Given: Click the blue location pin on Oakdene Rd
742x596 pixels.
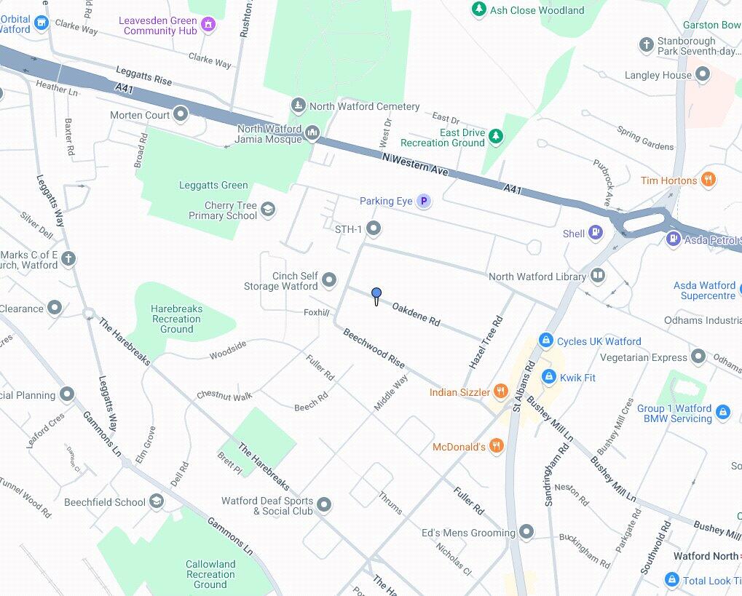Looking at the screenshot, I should (376, 295).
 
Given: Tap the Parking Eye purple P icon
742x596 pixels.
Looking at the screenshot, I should (424, 202).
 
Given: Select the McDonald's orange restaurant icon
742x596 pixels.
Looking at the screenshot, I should (496, 446).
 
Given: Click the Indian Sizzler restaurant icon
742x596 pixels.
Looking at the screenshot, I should (500, 392).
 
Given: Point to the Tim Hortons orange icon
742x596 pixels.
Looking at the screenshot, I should (708, 180).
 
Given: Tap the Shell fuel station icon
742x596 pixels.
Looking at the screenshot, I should (596, 234).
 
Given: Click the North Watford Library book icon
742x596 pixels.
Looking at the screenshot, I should (597, 276).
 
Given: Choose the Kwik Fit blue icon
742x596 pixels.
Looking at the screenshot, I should (548, 377).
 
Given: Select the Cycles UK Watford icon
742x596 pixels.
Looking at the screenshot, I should (545, 341).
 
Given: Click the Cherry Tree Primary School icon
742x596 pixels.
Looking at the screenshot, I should (268, 210).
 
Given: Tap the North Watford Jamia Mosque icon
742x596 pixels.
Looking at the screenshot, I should (312, 132).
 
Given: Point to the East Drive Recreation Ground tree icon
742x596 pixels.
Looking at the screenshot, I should (496, 136).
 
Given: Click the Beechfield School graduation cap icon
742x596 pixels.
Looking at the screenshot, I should (157, 501).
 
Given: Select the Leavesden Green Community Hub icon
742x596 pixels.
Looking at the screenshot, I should (208, 25).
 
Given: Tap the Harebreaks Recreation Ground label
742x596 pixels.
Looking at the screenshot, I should (177, 319).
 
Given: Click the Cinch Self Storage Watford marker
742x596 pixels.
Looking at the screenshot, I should (328, 279).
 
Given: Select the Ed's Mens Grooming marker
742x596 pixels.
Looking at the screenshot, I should (526, 532).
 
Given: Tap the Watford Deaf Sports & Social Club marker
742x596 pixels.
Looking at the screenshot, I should (324, 504).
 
